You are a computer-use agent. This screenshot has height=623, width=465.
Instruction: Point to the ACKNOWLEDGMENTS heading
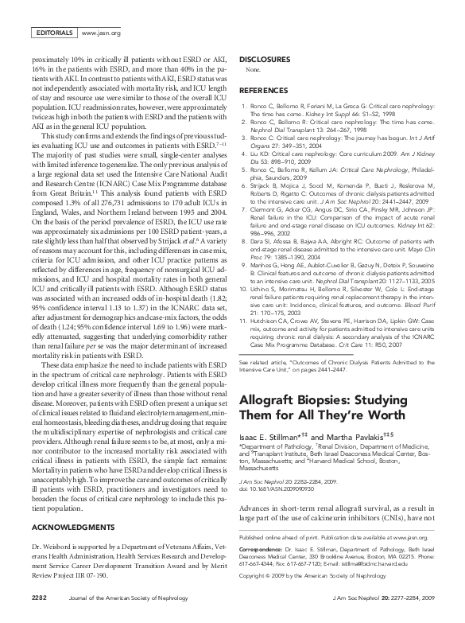(68, 528)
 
